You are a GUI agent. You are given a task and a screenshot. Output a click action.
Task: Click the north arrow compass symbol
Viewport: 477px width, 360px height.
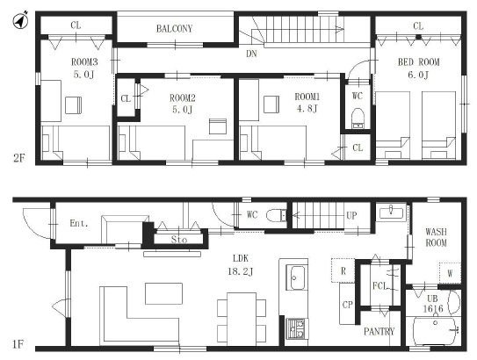[x=20, y=20]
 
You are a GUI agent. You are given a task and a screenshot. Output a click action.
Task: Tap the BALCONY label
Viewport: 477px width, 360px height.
[x=174, y=29]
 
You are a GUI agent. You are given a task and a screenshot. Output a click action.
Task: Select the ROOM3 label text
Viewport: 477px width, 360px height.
[x=84, y=62]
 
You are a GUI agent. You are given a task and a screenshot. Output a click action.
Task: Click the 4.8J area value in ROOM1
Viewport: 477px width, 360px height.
[x=307, y=108]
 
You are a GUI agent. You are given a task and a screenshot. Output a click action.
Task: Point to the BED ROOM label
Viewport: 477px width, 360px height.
[x=419, y=62]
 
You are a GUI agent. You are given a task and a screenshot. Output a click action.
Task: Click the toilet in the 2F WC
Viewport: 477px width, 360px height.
[x=358, y=119]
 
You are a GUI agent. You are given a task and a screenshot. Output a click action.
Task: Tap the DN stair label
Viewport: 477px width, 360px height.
[x=251, y=54]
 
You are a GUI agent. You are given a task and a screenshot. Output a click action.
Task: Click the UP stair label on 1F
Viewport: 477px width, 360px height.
[x=351, y=216]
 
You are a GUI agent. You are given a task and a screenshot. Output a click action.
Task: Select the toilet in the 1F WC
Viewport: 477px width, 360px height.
[x=276, y=216]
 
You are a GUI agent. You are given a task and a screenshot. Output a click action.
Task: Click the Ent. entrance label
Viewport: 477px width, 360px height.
[x=79, y=224]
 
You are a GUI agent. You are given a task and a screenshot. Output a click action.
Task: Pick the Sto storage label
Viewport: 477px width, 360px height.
[x=179, y=240]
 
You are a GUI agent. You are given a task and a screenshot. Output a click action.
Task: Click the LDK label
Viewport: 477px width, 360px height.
[x=241, y=258]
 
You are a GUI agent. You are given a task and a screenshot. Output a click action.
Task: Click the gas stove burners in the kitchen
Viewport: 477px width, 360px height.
[x=296, y=328]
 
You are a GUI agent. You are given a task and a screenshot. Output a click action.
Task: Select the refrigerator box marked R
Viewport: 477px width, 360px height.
[x=343, y=270]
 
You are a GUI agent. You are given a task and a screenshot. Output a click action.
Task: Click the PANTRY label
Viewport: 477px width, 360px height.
[x=379, y=331]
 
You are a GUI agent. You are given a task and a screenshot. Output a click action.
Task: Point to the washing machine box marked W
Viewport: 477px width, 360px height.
[x=450, y=273]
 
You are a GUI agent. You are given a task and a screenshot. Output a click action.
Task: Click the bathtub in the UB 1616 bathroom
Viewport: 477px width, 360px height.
[x=435, y=331]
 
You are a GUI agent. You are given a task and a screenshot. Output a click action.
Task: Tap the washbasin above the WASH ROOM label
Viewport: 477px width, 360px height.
[x=391, y=212]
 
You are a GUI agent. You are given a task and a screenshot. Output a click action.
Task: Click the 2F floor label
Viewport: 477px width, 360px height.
[x=18, y=158]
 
